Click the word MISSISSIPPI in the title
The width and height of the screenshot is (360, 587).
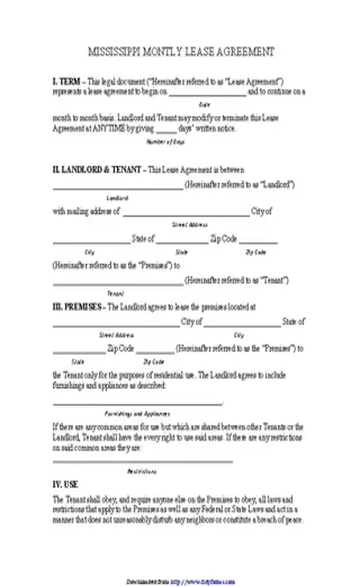pyautogui.click(x=114, y=51)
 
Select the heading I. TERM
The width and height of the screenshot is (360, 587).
pyautogui.click(x=67, y=79)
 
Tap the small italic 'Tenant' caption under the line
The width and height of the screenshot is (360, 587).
pyautogui.click(x=116, y=292)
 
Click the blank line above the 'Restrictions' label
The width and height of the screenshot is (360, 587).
pyautogui.click(x=142, y=460)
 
